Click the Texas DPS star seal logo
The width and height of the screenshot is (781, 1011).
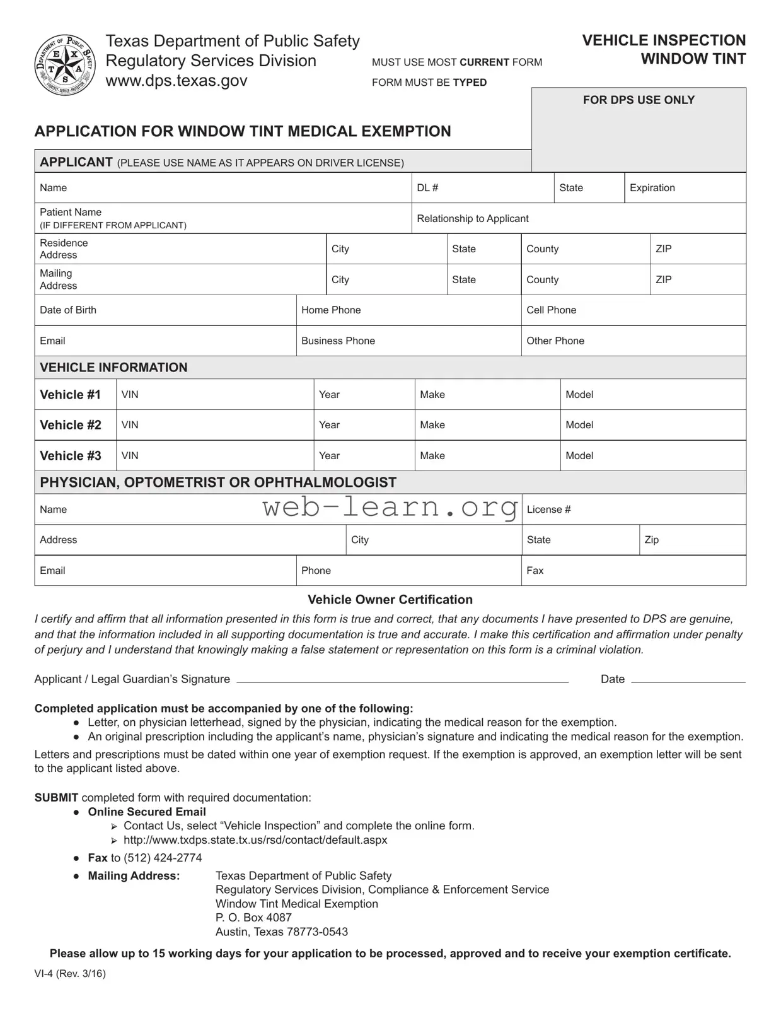click(x=65, y=65)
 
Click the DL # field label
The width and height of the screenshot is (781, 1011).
click(x=427, y=188)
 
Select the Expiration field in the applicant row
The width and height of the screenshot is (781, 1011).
click(x=685, y=188)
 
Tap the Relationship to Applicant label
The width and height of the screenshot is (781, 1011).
click(x=473, y=218)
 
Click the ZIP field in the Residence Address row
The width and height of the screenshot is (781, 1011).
click(x=698, y=249)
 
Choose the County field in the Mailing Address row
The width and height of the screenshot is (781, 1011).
click(x=585, y=279)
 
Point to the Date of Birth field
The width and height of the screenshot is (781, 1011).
click(x=165, y=310)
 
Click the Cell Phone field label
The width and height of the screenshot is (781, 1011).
click(x=551, y=310)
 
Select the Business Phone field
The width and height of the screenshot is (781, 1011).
click(x=408, y=341)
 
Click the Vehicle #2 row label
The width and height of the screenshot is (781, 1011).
click(x=71, y=425)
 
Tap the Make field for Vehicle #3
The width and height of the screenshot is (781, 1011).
click(x=487, y=455)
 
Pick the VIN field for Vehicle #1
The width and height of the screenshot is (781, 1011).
click(x=214, y=395)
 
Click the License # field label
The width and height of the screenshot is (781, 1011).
click(x=548, y=510)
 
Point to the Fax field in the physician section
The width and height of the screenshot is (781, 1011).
click(x=633, y=571)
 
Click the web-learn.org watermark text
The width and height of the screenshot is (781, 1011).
click(x=390, y=507)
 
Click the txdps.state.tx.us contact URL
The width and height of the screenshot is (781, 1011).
click(x=255, y=840)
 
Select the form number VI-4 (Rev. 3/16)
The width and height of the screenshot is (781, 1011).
click(x=70, y=973)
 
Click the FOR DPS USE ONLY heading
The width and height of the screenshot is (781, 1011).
click(x=639, y=100)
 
